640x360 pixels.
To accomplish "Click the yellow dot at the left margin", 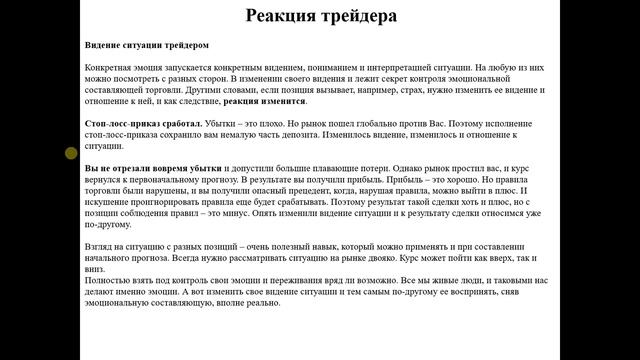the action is [71, 153].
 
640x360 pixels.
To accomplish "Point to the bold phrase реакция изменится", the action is [265, 101].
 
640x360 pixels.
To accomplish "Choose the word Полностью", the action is [108, 281].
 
